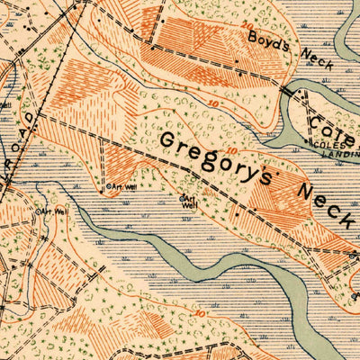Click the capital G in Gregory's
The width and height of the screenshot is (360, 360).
tap(171, 140)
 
